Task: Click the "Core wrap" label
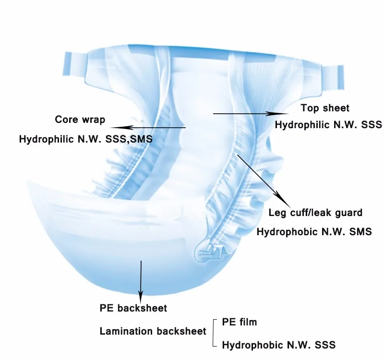[80, 119]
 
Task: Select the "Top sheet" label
[325, 108]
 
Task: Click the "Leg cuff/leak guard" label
[315, 212]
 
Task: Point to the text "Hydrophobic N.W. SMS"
[314, 232]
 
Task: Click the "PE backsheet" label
[133, 308]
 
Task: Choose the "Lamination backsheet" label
[153, 331]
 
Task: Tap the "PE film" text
[240, 322]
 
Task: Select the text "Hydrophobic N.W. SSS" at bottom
[278, 345]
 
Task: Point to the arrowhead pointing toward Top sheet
[281, 114]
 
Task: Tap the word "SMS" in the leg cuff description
[361, 232]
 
